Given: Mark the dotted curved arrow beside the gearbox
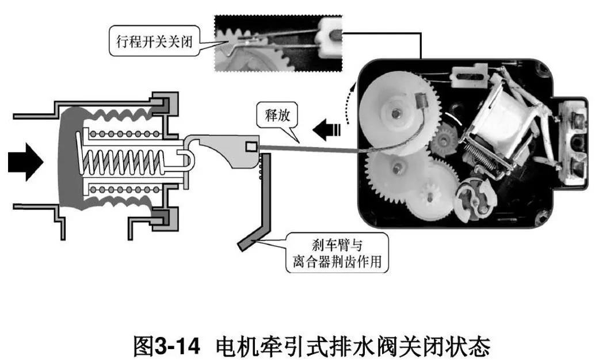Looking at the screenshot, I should tap(348, 104).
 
